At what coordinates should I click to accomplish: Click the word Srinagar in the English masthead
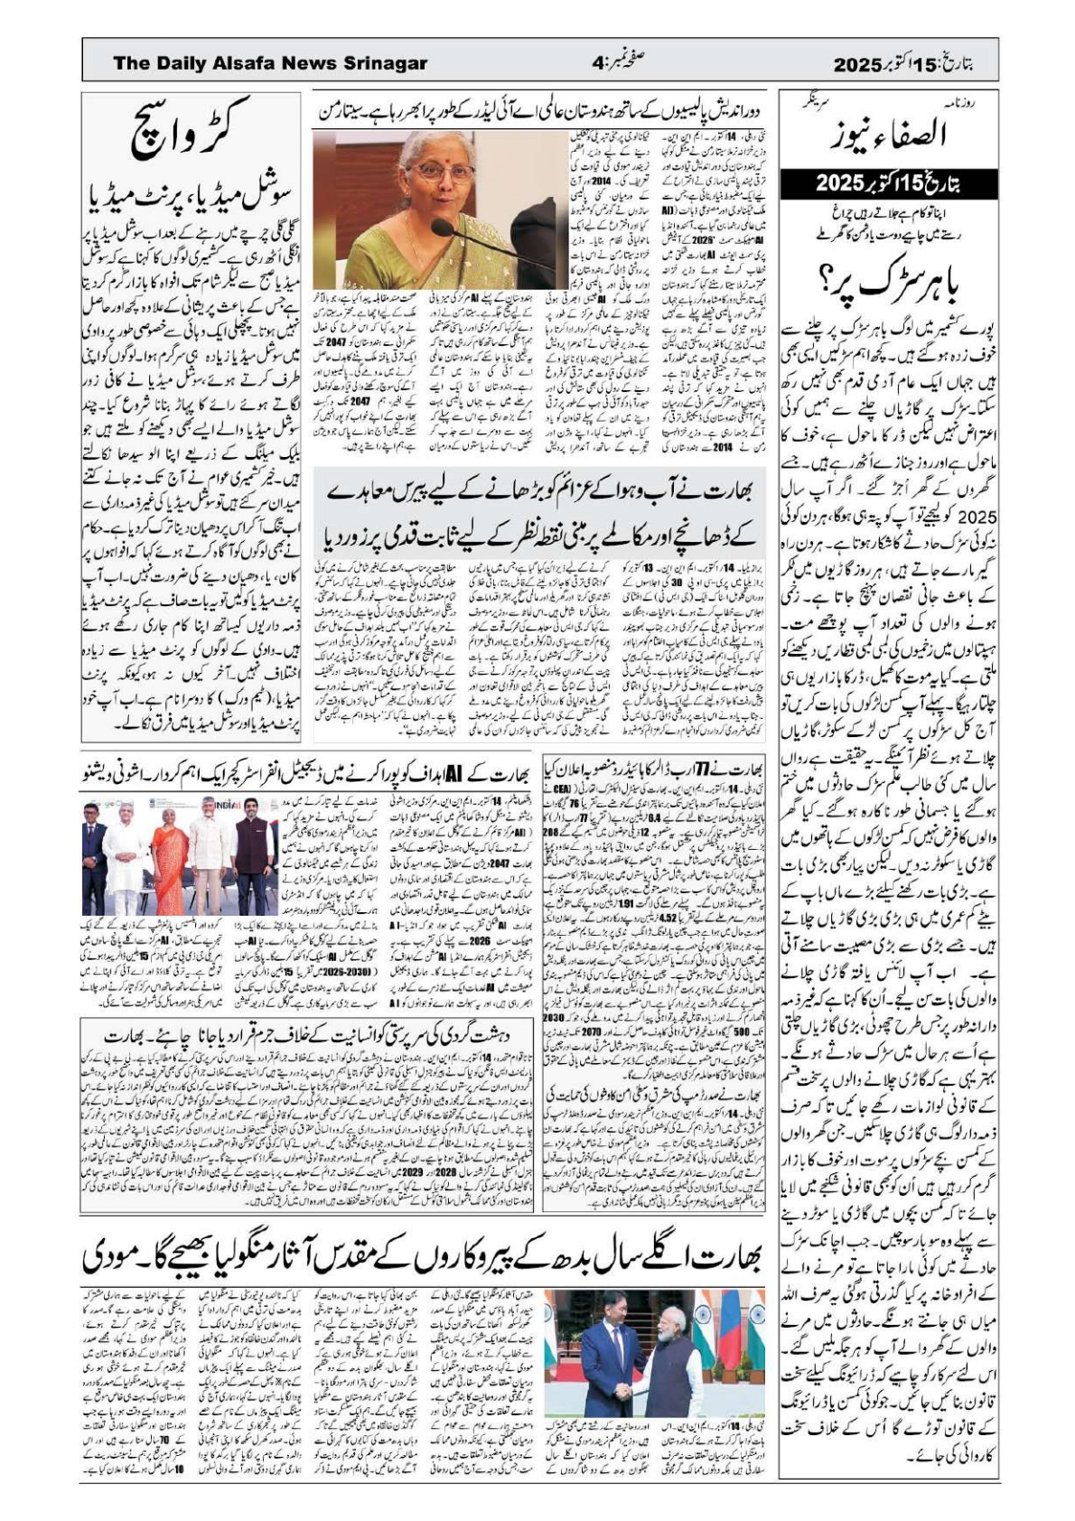(384, 63)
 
